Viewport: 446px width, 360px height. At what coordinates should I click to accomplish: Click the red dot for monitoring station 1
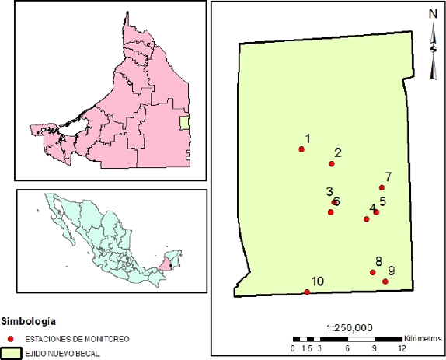click(x=301, y=149)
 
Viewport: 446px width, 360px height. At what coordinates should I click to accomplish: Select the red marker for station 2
click(x=332, y=163)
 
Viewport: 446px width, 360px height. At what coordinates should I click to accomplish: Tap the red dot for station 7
click(x=382, y=187)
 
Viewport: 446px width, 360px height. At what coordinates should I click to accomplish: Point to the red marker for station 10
click(x=307, y=292)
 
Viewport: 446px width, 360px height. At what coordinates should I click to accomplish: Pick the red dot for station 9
click(x=385, y=281)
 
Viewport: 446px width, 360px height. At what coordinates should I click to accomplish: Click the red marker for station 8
click(x=373, y=272)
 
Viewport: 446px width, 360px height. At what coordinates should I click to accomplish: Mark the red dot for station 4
click(x=367, y=219)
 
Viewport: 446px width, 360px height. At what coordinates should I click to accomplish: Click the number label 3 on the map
click(x=329, y=191)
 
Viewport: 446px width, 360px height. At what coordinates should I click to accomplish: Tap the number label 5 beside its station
click(x=382, y=201)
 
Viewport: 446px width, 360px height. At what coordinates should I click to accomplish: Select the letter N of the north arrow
click(x=433, y=13)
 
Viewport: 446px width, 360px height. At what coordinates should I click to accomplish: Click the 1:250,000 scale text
click(x=352, y=327)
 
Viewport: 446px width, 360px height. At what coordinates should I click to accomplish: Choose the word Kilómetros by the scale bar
click(x=424, y=338)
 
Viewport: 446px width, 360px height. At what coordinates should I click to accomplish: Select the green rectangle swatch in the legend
click(x=11, y=353)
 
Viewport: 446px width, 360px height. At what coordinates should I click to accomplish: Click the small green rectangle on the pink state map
click(x=184, y=121)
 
